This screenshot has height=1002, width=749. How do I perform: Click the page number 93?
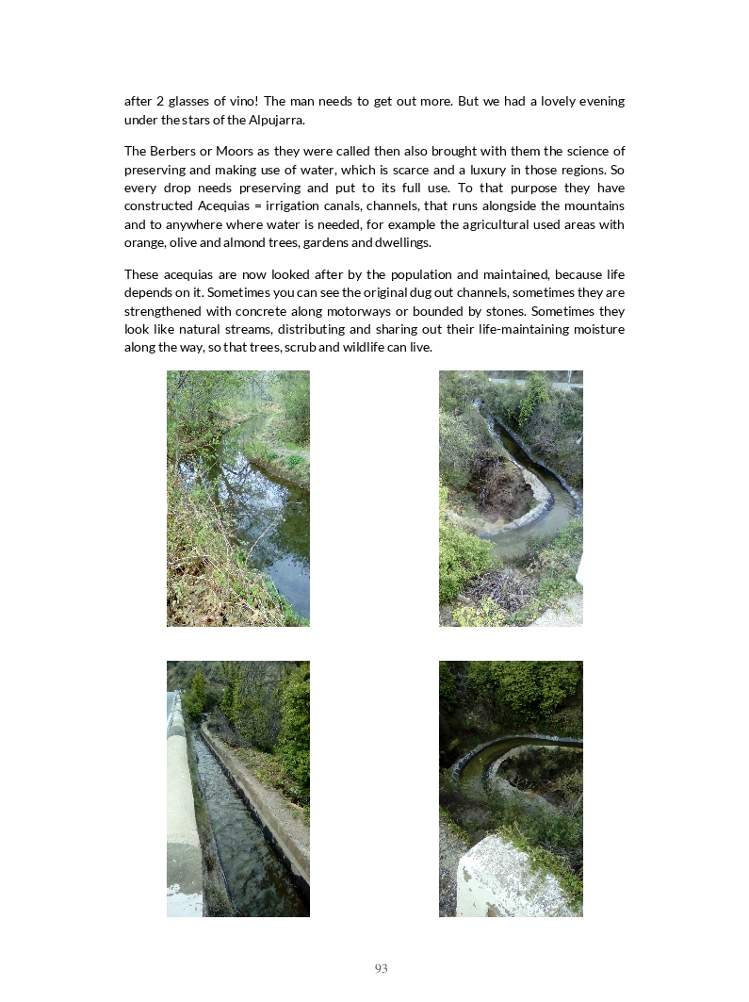[x=381, y=968]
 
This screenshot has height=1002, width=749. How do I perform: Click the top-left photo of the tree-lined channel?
[x=238, y=498]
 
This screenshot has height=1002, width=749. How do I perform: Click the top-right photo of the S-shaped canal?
[x=511, y=498]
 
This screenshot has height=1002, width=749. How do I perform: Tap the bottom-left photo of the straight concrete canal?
[x=238, y=788]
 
